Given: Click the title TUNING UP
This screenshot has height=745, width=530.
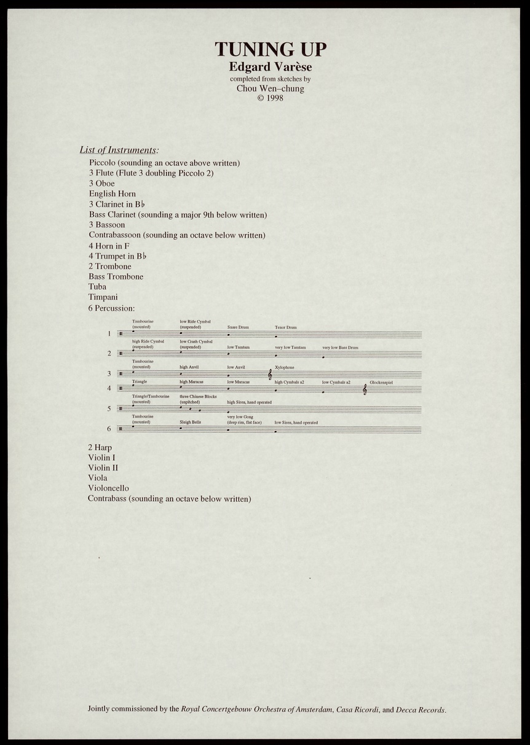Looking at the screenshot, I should [x=270, y=49].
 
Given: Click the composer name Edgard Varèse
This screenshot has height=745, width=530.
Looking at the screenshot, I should [x=270, y=66].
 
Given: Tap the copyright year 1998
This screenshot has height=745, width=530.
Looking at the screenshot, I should [x=274, y=98].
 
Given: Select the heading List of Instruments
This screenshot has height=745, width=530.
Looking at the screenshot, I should [x=119, y=150].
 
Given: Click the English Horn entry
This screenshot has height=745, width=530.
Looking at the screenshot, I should [x=112, y=193].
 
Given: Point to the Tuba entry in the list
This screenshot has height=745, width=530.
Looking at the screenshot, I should [x=97, y=287].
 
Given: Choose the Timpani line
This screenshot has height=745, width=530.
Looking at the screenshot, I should [x=102, y=297].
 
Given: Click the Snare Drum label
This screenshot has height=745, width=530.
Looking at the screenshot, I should [x=238, y=327].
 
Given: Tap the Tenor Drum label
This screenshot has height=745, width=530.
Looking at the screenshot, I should [x=285, y=327].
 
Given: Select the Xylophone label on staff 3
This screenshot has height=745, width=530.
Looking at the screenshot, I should [x=285, y=367].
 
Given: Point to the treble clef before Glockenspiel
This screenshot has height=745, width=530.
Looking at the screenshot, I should [x=365, y=389].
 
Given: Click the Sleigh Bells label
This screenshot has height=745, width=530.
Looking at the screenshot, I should [x=190, y=423].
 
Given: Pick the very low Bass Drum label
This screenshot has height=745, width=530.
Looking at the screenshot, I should [x=340, y=348].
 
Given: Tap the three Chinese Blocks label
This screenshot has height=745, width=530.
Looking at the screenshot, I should [x=198, y=397].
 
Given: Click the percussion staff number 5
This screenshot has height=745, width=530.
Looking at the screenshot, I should [x=109, y=409].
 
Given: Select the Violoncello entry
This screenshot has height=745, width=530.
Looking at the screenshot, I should [x=108, y=488].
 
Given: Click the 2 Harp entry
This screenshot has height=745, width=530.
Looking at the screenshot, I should [x=100, y=448].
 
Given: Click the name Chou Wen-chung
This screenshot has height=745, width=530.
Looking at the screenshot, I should [x=270, y=88].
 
